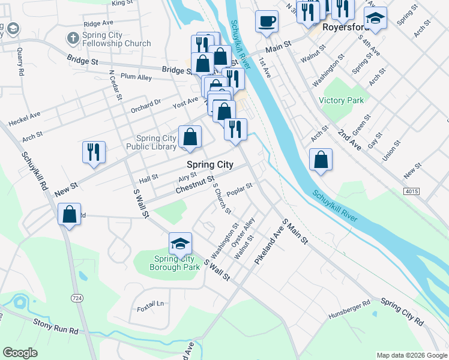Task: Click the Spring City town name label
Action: [209, 164]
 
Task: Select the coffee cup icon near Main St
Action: [267, 22]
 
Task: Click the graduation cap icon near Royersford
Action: [376, 19]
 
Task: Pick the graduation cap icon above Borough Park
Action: [180, 244]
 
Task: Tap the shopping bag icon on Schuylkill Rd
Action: [70, 214]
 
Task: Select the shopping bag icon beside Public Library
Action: [190, 137]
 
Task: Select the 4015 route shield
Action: [411, 191]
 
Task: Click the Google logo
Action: [20, 353]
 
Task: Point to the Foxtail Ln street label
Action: [150, 304]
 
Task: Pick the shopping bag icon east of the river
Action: [321, 160]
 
